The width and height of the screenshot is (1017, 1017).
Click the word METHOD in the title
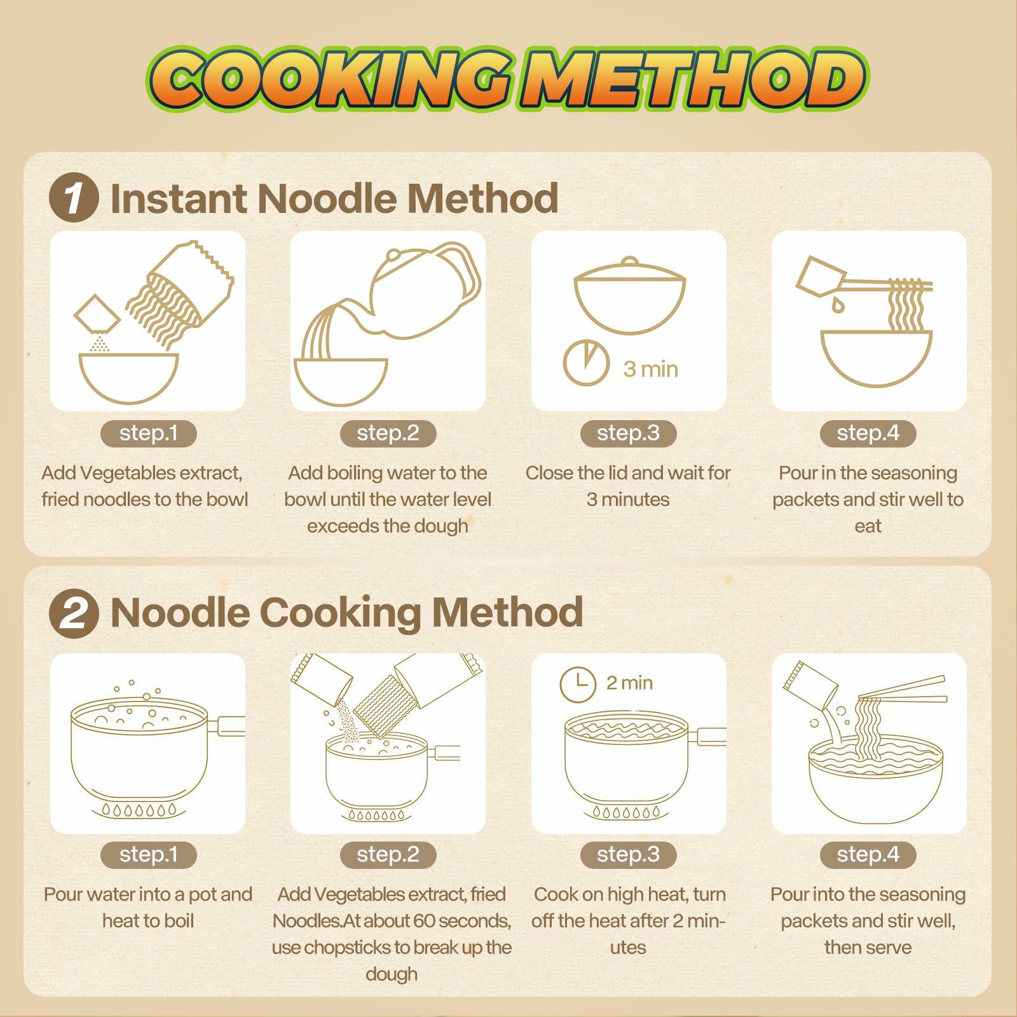[x=693, y=79]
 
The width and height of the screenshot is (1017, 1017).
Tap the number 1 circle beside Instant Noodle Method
[x=74, y=198]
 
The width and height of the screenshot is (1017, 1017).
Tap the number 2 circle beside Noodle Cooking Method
[x=74, y=613]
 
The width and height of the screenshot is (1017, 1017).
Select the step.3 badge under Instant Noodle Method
[x=628, y=433]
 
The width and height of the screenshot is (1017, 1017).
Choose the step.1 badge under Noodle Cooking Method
[x=148, y=855]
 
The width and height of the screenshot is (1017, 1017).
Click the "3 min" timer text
[x=650, y=369]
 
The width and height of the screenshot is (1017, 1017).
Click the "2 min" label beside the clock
[x=629, y=683]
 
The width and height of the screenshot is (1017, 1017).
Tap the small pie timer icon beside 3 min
[x=586, y=363]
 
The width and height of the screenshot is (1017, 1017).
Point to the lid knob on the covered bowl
[x=629, y=262]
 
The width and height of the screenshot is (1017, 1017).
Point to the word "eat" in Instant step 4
[x=868, y=527]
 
